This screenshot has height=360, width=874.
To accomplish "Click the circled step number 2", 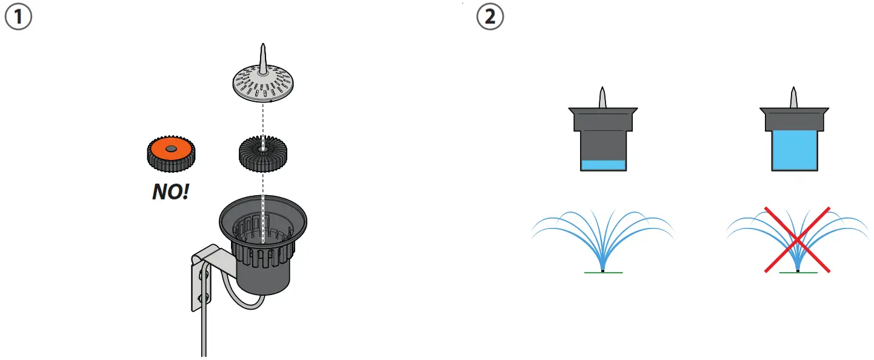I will click(490, 18).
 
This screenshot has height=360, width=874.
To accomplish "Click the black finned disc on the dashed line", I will click(262, 154).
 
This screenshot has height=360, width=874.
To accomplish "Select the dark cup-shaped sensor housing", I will click(262, 242).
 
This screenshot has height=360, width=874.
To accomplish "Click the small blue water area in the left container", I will click(602, 165).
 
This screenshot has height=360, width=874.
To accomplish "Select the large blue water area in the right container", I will click(795, 151).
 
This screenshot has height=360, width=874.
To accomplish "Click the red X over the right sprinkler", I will click(797, 239).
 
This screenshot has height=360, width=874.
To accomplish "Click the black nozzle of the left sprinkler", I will click(603, 270).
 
